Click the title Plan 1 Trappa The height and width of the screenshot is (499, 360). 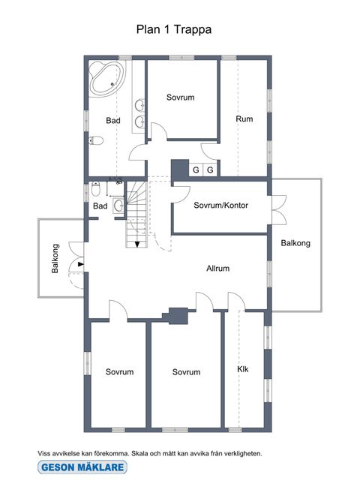(x=174, y=29)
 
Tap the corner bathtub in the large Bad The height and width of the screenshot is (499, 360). (x=106, y=79)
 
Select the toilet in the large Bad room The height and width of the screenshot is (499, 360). (x=96, y=140)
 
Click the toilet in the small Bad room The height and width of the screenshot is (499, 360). (x=96, y=188)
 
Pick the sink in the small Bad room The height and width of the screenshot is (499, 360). (x=119, y=206)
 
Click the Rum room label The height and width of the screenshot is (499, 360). (x=244, y=119)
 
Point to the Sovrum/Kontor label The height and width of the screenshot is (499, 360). (x=220, y=206)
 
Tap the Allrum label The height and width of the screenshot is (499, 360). (x=217, y=269)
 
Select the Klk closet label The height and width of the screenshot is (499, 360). (x=243, y=369)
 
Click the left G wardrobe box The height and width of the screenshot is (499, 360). (x=196, y=170)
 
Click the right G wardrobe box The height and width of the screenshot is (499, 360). (x=210, y=170)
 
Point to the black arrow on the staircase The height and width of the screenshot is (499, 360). (x=137, y=244)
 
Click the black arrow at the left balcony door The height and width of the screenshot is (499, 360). (x=81, y=264)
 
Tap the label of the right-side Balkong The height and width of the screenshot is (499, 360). (x=295, y=243)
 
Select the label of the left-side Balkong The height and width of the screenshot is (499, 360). (x=55, y=258)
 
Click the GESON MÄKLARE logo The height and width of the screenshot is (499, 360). (x=82, y=467)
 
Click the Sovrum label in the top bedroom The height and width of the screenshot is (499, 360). (x=180, y=98)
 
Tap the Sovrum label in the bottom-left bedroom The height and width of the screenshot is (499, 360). (x=119, y=372)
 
